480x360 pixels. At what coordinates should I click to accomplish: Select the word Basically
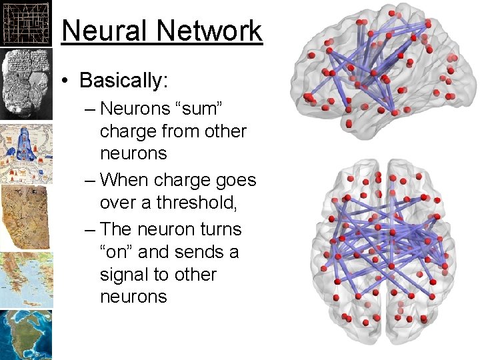[123, 81]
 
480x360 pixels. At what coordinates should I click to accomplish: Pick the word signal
[125, 275]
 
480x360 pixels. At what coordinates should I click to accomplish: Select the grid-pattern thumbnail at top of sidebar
[26, 23]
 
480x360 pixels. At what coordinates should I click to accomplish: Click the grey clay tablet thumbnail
[26, 84]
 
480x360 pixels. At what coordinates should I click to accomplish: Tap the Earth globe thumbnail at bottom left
[26, 335]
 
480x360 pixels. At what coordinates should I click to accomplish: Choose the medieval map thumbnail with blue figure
[26, 153]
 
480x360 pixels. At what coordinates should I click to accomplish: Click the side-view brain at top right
[377, 73]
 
